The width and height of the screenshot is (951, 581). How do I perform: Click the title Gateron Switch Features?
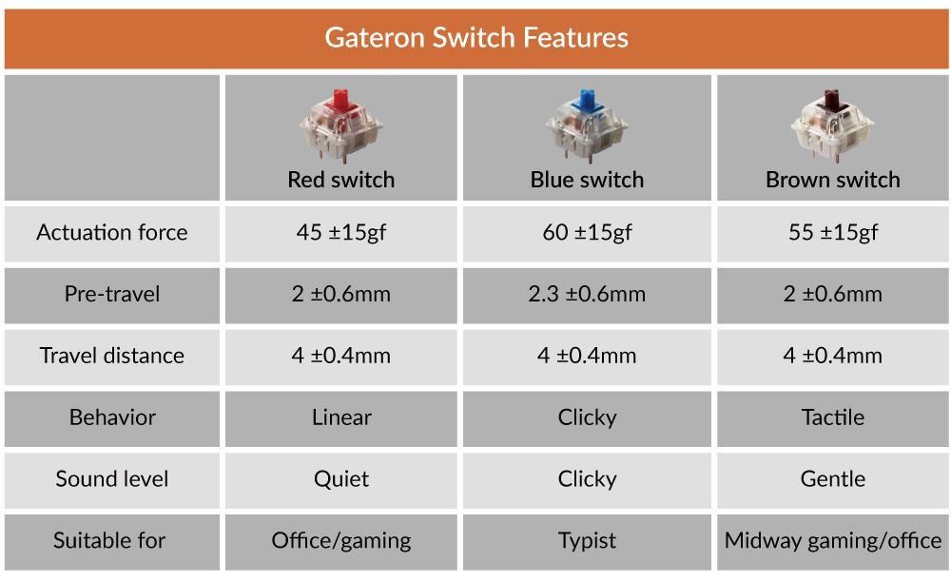click(476, 38)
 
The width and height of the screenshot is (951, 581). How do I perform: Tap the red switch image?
click(340, 126)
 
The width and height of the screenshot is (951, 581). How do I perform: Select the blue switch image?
click(587, 126)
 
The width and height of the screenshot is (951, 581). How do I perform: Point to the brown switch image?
click(832, 126)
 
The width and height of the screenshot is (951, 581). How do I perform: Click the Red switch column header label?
click(340, 180)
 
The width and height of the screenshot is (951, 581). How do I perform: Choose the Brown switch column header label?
click(833, 180)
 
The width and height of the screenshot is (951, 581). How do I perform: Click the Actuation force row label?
click(112, 232)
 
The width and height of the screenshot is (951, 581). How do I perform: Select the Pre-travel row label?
click(112, 294)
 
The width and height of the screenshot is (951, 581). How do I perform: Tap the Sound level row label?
click(112, 479)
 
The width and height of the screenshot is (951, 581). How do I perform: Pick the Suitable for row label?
click(109, 540)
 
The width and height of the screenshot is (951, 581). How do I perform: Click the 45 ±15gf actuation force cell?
click(340, 233)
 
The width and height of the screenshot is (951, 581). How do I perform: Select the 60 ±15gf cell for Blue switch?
click(587, 233)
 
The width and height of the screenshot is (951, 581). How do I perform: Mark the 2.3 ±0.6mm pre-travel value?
click(587, 294)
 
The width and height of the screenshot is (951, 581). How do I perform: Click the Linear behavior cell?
click(341, 417)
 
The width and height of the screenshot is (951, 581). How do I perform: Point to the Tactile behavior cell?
click(833, 417)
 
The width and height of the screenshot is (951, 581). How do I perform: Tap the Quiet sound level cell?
click(340, 479)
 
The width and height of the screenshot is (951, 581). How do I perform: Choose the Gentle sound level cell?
click(833, 479)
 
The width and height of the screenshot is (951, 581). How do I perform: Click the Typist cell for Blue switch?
click(587, 541)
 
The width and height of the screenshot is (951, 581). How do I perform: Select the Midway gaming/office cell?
click(833, 541)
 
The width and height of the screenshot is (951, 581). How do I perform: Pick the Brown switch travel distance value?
click(833, 356)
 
